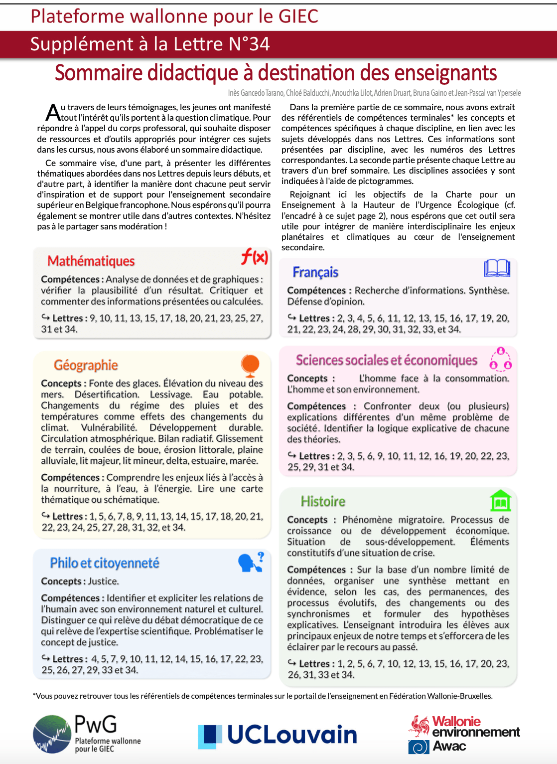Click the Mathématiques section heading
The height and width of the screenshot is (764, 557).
point(91,261)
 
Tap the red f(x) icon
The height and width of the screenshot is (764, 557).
point(255,257)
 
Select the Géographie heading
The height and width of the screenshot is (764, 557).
point(86,365)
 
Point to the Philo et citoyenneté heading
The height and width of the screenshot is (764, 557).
point(105,563)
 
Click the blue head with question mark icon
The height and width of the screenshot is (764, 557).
point(251,562)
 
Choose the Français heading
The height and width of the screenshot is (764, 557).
point(315,272)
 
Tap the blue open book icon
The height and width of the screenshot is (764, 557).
point(497,268)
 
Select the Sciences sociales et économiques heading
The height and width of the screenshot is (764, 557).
point(387,360)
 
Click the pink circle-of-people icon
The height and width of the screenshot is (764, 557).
point(501,359)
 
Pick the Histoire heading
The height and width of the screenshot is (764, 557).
point(323,501)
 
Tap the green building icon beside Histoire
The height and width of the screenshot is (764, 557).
point(500,501)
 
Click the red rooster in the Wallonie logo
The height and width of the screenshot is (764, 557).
point(420,726)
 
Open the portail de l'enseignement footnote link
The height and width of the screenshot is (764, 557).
point(393,696)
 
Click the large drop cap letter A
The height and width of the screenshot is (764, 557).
point(53,113)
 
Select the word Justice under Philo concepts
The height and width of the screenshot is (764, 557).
point(103,581)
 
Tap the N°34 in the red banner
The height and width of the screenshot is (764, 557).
point(249,44)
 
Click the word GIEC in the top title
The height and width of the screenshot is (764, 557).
point(298,16)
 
